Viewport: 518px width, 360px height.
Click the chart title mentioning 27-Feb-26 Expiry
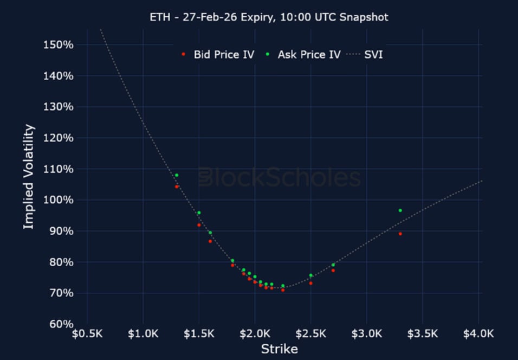(269, 17)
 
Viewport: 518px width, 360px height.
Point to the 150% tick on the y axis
(59, 44)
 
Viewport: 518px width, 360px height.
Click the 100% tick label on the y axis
(59, 200)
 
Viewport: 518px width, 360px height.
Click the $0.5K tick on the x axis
(87, 333)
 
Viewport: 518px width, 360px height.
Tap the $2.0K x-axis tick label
(255, 333)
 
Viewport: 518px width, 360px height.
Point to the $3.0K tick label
(367, 333)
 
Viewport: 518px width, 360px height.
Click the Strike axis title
(279, 349)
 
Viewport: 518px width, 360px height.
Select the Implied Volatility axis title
(29, 177)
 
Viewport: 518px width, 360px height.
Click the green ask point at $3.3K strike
(400, 210)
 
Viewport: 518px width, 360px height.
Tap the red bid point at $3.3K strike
(400, 234)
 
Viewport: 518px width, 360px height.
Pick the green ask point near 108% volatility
(177, 175)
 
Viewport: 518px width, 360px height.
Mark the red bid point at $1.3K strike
(177, 187)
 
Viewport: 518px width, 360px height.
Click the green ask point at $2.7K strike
(333, 265)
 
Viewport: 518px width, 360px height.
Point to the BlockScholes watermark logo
(279, 177)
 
